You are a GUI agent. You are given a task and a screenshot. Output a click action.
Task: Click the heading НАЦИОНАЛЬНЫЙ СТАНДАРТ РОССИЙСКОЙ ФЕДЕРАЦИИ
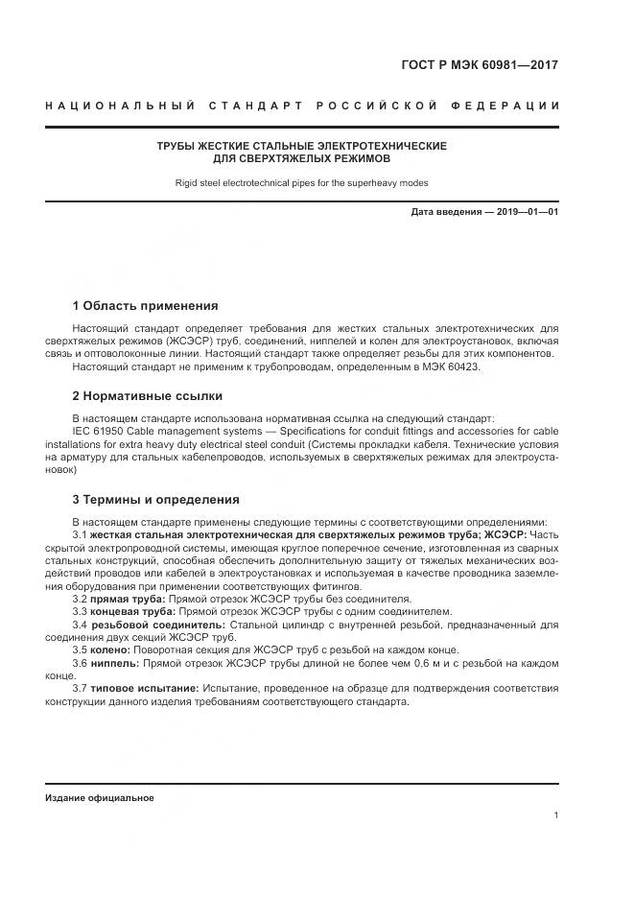tap(302, 105)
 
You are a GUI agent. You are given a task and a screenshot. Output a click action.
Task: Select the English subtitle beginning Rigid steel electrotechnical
tap(302, 182)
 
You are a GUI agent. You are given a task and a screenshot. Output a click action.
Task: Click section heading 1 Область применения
tap(145, 306)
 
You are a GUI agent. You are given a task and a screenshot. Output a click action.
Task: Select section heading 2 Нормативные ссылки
tap(147, 395)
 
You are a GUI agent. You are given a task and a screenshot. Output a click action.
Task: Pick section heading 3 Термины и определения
tap(155, 500)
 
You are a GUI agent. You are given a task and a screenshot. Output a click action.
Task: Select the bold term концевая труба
tap(131, 611)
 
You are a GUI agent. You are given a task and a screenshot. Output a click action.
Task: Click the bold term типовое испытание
tap(145, 688)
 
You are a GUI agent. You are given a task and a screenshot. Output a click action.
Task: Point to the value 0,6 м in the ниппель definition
tap(394, 663)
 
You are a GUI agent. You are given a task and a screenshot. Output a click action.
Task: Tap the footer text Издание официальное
tap(99, 798)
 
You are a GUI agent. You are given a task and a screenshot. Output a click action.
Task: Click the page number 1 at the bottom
tap(555, 815)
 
